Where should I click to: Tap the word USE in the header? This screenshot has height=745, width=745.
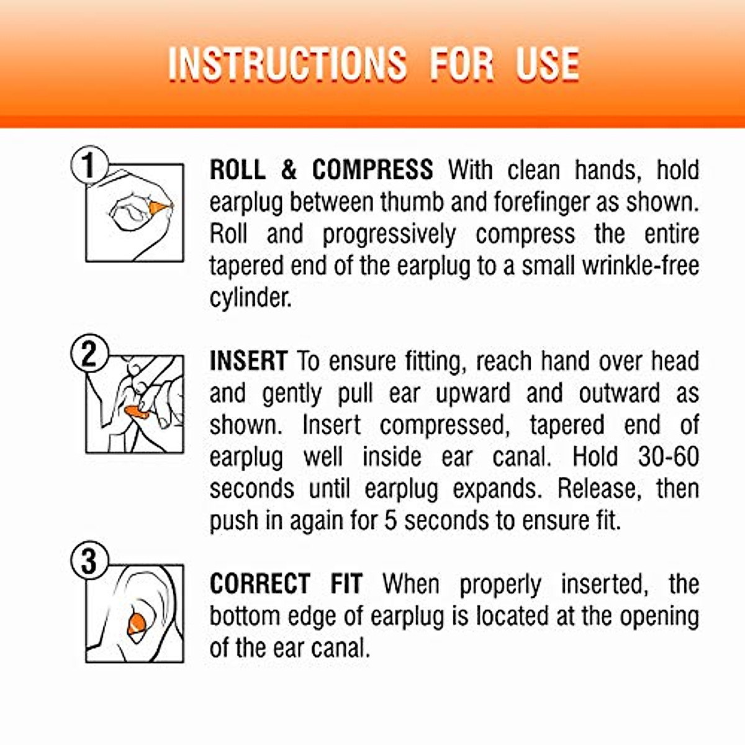548,64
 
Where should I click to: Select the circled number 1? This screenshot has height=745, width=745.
89,165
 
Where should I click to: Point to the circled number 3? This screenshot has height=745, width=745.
89,562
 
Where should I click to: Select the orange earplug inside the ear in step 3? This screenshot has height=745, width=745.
137,623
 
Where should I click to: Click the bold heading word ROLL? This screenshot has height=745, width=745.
238,170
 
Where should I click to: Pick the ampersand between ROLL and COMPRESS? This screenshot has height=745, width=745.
288,170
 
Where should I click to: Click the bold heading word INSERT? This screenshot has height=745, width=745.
248,361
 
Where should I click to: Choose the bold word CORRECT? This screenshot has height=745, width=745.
260,584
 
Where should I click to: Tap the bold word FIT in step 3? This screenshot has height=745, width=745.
346,584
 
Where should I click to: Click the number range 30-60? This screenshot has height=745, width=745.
668,457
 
